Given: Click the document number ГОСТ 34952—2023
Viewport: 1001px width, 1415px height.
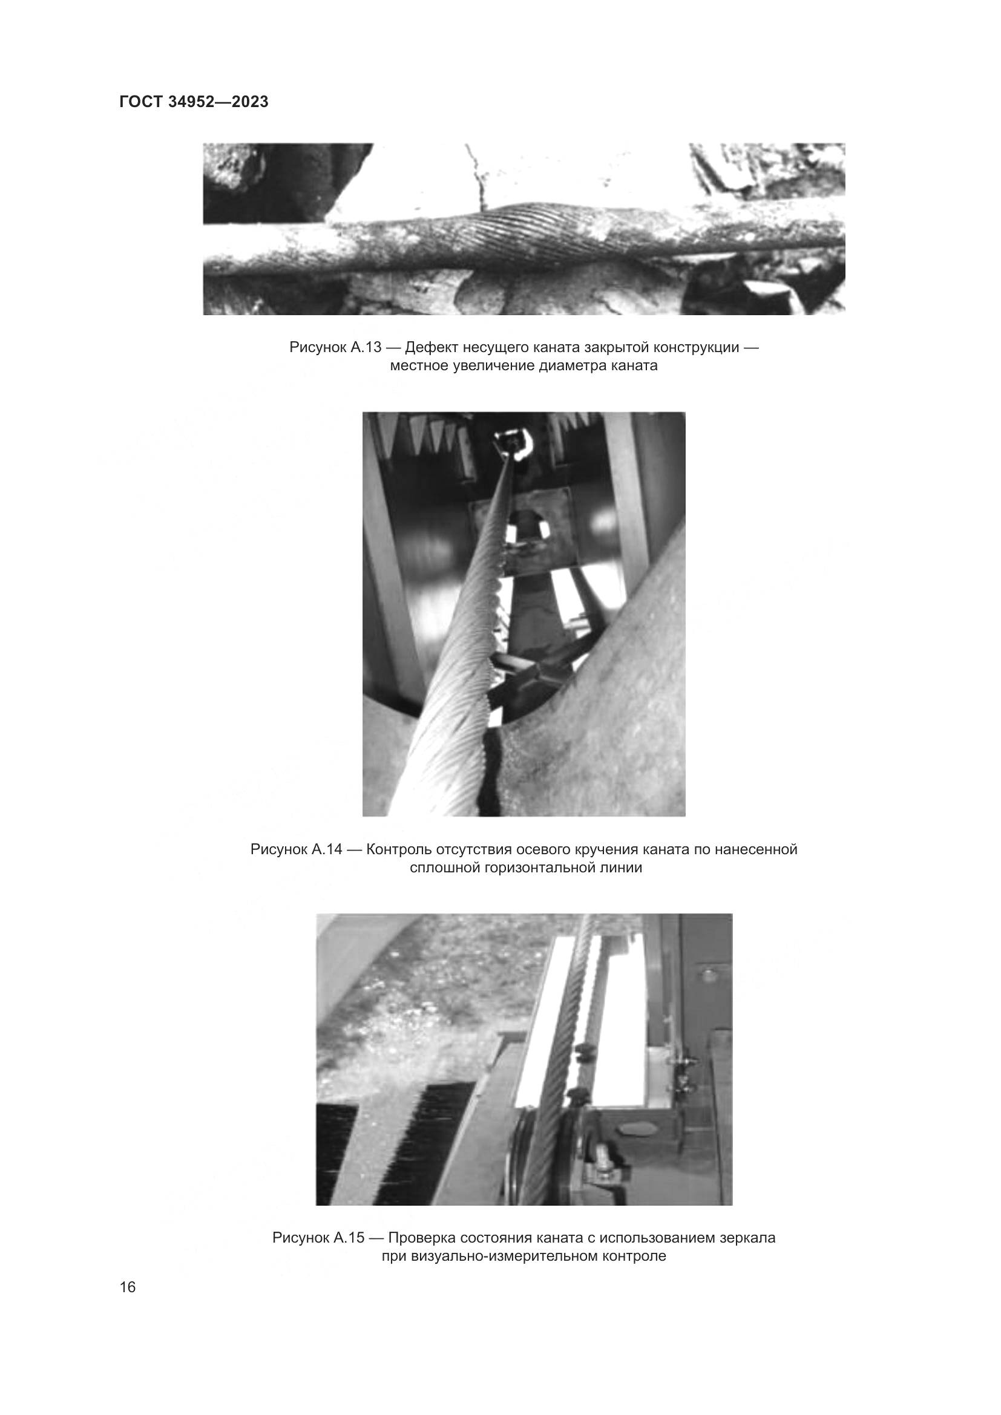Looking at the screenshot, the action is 194,102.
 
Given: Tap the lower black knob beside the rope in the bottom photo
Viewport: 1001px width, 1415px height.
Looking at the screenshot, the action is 577,1095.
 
